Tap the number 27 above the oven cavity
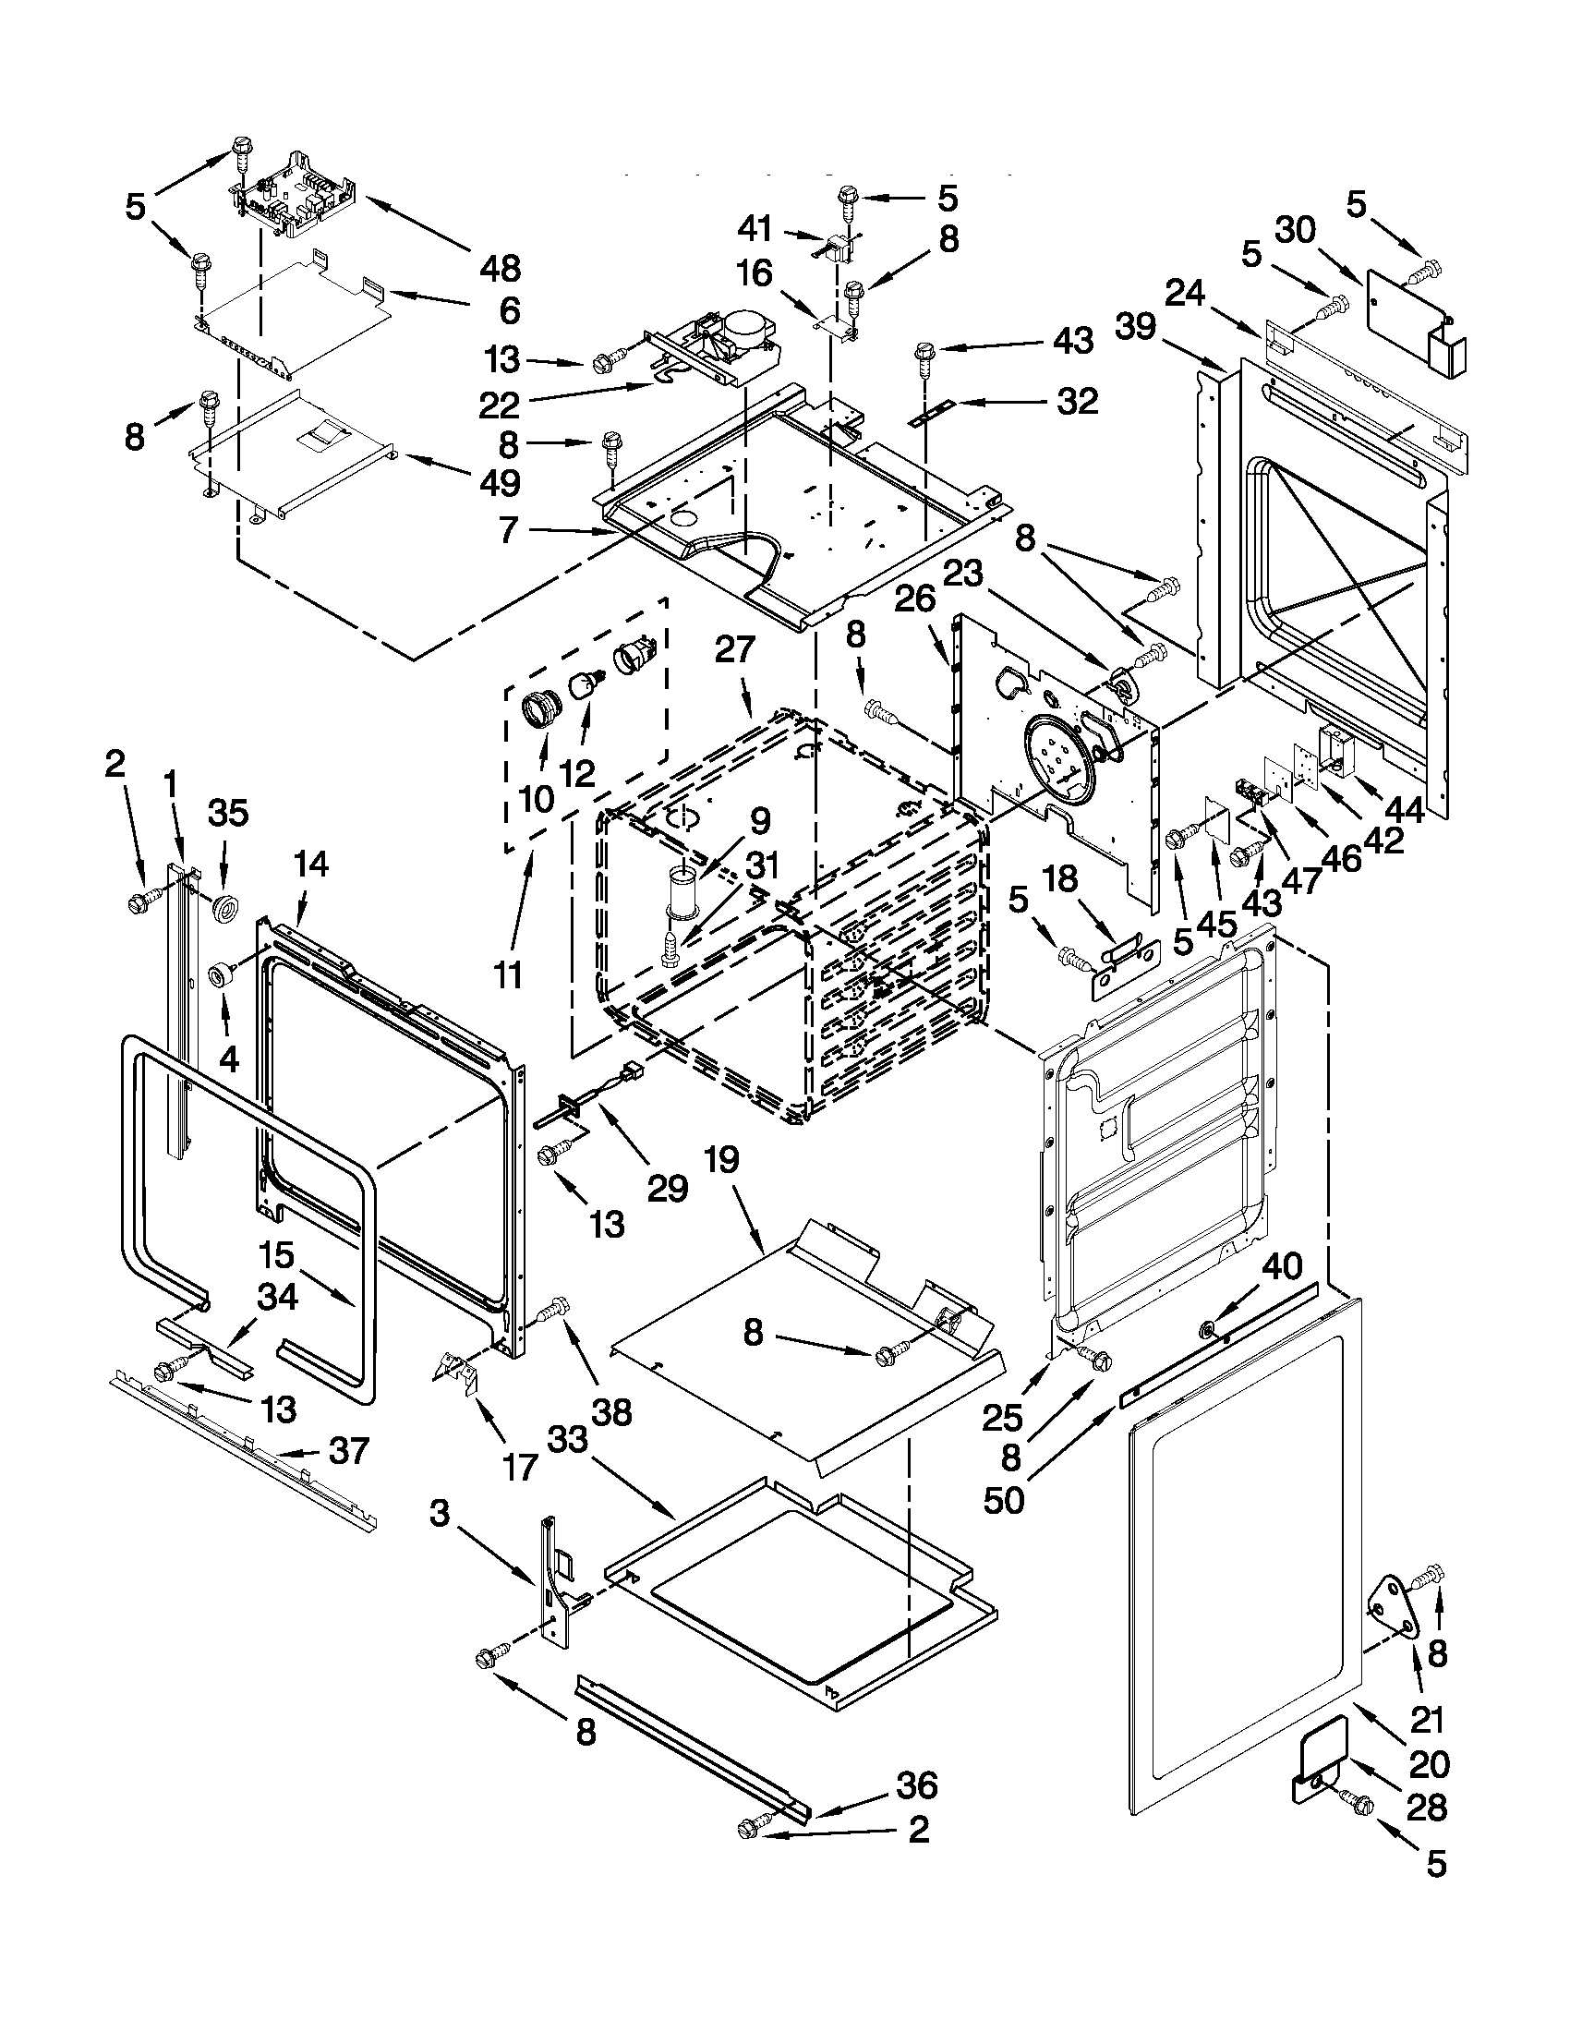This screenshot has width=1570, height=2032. [735, 650]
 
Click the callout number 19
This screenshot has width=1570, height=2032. [723, 1160]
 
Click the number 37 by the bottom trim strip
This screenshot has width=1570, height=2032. [349, 1450]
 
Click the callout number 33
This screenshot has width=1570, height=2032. [567, 1440]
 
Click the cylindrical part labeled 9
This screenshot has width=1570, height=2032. [682, 892]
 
